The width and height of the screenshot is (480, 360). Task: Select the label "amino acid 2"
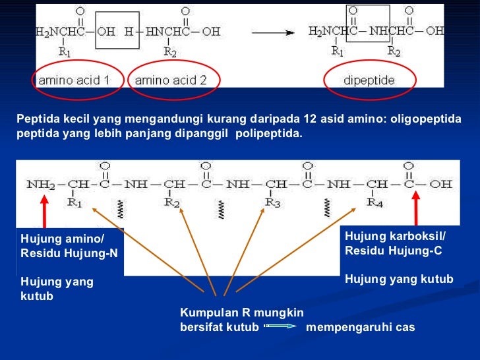171,80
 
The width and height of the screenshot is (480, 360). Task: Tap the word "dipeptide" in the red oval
370,80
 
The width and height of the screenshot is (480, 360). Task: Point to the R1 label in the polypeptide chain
75,202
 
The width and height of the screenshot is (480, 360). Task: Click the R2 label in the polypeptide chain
172,202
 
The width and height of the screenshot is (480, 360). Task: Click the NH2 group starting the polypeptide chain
40,184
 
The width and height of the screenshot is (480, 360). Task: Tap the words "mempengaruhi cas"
361,326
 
